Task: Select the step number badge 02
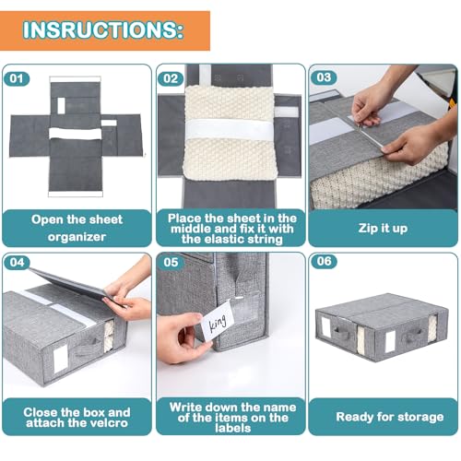pos(171,78)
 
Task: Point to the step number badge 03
pos(322,78)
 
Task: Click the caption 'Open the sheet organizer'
pos(77,227)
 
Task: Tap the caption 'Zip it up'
pos(382,227)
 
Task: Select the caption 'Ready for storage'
pos(382,417)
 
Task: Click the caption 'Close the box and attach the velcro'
pos(77,418)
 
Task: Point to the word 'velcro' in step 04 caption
pos(109,424)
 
